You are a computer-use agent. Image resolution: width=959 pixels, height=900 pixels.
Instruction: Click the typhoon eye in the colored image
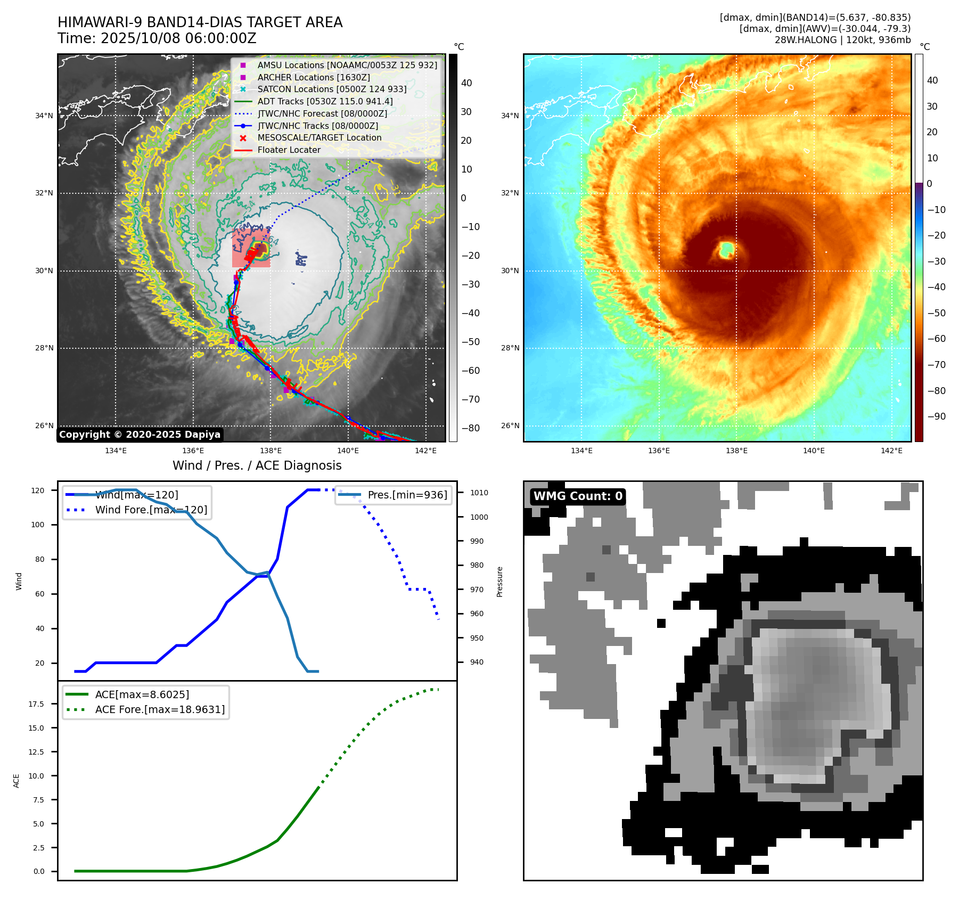[727, 249]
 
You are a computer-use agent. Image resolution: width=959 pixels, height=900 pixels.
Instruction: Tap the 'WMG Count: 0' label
[578, 496]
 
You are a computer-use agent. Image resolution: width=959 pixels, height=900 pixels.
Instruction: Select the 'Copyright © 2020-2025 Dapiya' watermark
[140, 435]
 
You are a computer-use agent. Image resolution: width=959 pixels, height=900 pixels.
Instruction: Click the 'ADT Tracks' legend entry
[325, 101]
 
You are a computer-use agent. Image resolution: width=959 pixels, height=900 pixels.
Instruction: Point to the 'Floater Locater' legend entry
[289, 150]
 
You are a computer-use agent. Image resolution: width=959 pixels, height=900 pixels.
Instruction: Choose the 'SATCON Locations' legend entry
[332, 89]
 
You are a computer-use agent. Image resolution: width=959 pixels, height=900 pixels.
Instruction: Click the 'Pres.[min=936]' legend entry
[407, 495]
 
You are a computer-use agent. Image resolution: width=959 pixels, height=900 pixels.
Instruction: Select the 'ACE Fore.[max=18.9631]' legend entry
[160, 709]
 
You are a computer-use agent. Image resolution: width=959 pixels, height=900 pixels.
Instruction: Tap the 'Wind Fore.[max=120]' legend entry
[151, 510]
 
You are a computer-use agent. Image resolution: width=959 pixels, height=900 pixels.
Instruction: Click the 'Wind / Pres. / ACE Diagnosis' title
[257, 465]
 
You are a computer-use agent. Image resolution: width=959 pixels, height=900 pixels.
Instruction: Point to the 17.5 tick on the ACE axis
[36, 704]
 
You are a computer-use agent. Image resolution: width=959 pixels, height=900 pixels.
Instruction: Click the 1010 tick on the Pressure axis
[479, 493]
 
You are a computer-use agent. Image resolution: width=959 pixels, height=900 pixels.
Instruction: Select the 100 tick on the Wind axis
[38, 525]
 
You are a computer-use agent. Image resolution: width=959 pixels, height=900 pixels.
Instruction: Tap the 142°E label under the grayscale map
[425, 451]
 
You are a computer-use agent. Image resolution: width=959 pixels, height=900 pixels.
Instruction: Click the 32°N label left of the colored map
[510, 193]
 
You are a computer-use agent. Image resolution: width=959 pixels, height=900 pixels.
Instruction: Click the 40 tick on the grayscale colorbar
[466, 83]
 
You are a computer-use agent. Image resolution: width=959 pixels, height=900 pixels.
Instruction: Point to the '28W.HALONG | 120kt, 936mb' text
[842, 40]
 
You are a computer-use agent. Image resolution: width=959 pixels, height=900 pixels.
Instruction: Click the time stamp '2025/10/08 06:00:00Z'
[178, 39]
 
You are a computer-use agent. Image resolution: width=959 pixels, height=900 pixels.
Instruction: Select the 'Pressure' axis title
[499, 582]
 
